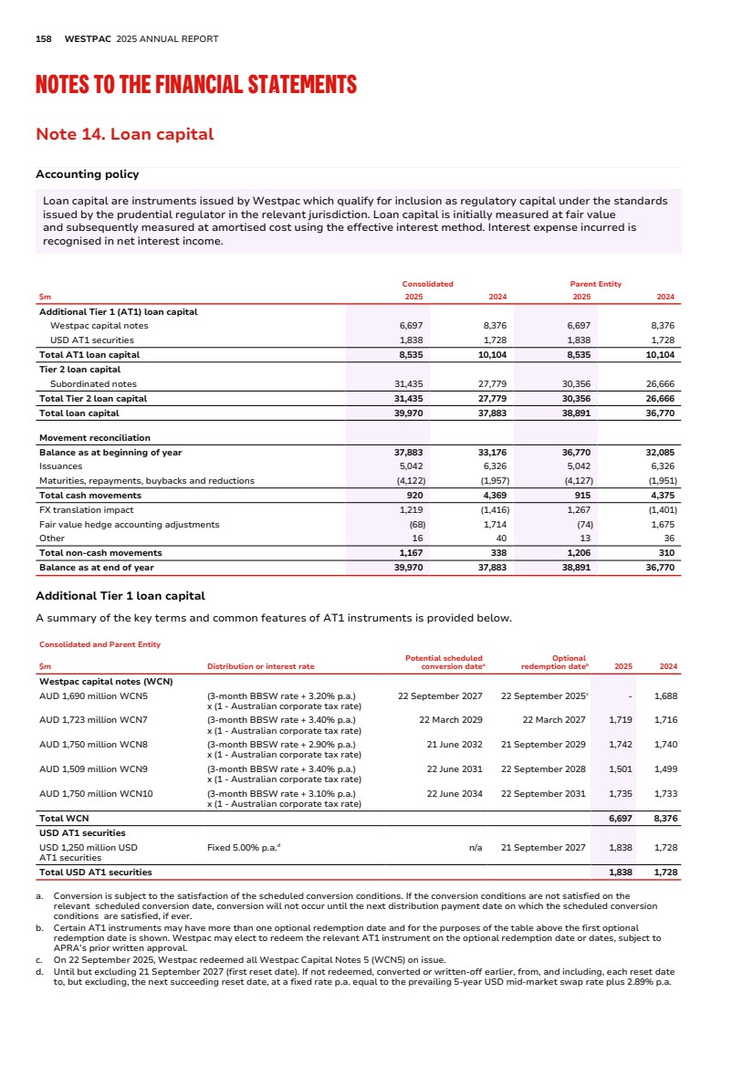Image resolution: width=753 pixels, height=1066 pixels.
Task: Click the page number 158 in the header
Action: (43, 39)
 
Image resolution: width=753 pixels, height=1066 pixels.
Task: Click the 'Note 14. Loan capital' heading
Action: (124, 134)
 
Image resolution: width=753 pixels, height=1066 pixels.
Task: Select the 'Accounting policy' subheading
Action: (87, 174)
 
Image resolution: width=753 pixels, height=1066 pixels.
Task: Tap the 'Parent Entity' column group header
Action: (595, 284)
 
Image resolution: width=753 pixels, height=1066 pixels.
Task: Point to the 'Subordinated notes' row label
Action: (93, 383)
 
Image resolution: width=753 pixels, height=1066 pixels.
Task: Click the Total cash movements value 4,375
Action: (663, 495)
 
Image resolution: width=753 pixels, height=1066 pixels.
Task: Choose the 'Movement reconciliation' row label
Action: (95, 437)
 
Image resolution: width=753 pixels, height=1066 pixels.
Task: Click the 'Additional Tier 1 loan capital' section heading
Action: (120, 596)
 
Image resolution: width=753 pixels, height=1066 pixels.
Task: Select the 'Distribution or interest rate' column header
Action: (260, 666)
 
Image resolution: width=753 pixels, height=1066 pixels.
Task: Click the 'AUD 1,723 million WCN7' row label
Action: (94, 719)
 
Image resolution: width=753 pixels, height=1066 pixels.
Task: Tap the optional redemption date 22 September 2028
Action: (543, 768)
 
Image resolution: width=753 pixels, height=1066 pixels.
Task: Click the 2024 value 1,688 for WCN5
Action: (666, 695)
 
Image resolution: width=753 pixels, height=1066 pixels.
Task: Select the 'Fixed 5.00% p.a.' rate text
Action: (242, 848)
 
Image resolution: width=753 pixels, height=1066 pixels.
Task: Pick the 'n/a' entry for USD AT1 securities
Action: (476, 848)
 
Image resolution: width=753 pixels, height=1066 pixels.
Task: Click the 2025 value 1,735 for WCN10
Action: (621, 793)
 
